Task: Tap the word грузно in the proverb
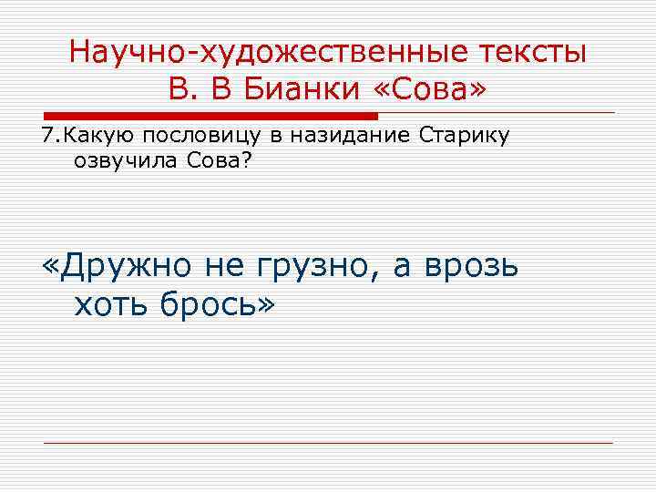click(x=314, y=267)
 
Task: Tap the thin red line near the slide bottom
click(x=328, y=443)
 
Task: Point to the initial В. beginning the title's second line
click(x=179, y=89)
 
